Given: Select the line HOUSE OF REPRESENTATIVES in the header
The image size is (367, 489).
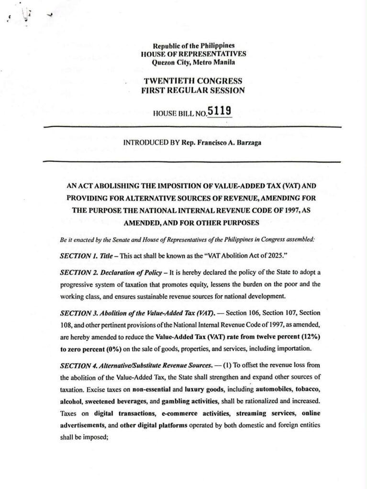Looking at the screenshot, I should (x=193, y=54).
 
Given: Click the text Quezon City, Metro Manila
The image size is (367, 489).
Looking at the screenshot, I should (x=193, y=62).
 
